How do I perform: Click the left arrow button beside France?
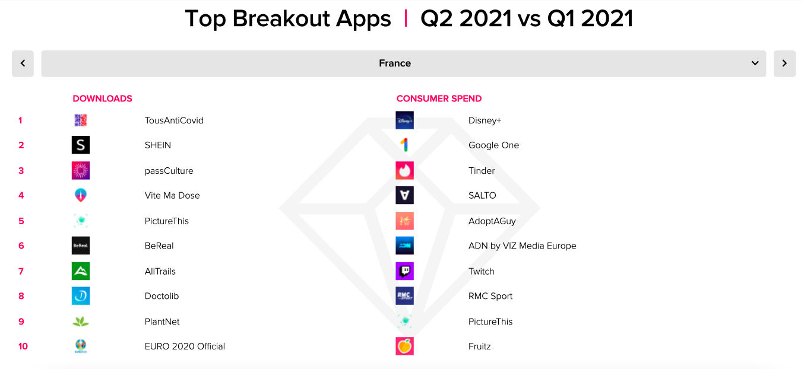tap(23, 63)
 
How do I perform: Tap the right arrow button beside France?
tap(784, 63)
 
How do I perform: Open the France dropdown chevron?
tap(755, 63)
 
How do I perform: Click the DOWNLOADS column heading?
tap(102, 98)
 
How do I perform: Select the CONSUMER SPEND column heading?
tap(439, 98)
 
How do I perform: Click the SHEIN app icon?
tap(81, 145)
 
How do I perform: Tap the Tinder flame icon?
tap(404, 170)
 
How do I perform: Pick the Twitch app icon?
tap(404, 271)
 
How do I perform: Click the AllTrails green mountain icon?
tap(81, 271)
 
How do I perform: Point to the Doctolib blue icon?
tap(81, 296)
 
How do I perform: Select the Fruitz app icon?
tap(404, 346)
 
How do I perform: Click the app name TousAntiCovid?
tap(174, 120)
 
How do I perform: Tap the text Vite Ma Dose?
tap(172, 195)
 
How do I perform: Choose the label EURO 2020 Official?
tap(185, 346)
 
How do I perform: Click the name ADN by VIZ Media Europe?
tap(522, 246)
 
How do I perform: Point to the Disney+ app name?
tap(485, 120)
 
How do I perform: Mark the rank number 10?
tap(23, 346)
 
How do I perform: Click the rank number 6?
tap(21, 246)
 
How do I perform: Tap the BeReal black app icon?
tap(81, 246)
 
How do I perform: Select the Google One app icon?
tap(404, 145)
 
